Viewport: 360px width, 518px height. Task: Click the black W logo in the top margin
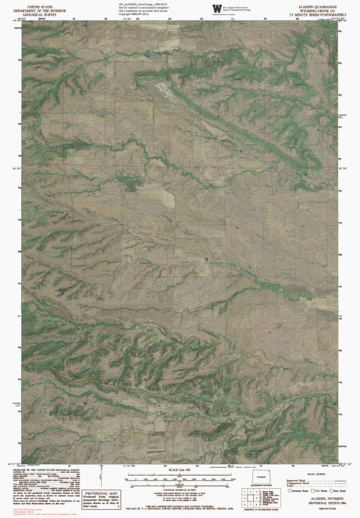pos(217,8)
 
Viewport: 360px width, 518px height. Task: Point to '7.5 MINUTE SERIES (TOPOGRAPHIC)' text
pos(315,13)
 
